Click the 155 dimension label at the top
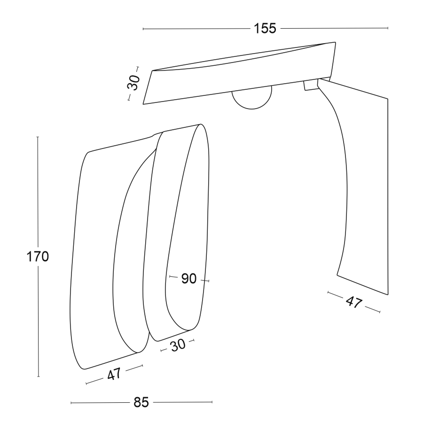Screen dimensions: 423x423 pyautogui.click(x=265, y=28)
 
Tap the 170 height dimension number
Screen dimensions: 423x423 pyautogui.click(x=38, y=257)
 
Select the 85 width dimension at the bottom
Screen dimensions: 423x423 pyautogui.click(x=141, y=402)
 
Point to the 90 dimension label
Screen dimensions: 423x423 pyautogui.click(x=188, y=278)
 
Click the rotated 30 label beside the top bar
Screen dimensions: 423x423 pyautogui.click(x=133, y=82)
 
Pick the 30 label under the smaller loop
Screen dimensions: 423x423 pyautogui.click(x=178, y=345)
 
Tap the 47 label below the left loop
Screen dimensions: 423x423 pyautogui.click(x=114, y=374)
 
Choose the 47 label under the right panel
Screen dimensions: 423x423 pyautogui.click(x=353, y=302)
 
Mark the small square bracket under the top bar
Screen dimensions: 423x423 pyautogui.click(x=311, y=85)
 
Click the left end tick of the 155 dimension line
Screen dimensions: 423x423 pyautogui.click(x=143, y=29)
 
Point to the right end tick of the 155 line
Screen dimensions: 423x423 pyautogui.click(x=388, y=28)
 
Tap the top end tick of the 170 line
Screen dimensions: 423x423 pyautogui.click(x=38, y=137)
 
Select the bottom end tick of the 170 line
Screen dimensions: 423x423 pyautogui.click(x=39, y=376)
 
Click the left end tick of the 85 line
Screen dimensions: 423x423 pyautogui.click(x=71, y=403)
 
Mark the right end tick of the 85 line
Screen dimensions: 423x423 pyautogui.click(x=212, y=402)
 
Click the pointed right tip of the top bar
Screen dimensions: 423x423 pyautogui.click(x=335, y=42)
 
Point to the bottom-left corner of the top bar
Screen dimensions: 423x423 pyautogui.click(x=143, y=104)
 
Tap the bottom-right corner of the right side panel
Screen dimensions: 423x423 pyautogui.click(x=388, y=295)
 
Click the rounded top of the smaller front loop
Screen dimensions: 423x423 pyautogui.click(x=200, y=125)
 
